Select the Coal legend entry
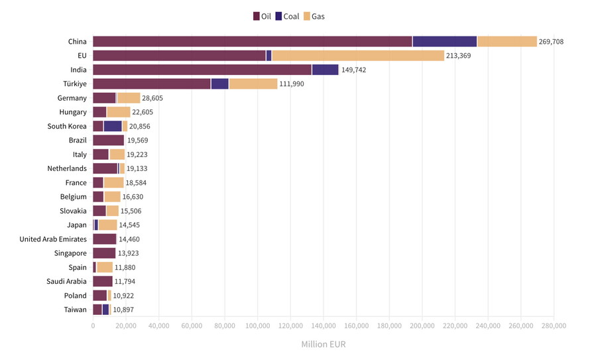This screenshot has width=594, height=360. (286, 16)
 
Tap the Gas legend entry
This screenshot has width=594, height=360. (314, 16)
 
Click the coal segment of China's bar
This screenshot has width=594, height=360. (444, 42)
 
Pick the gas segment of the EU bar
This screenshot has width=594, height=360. (358, 56)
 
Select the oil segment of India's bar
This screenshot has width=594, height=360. (202, 70)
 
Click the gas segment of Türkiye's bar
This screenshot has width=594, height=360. (253, 84)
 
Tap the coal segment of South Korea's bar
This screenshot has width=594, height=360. (113, 126)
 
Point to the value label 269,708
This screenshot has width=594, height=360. (551, 42)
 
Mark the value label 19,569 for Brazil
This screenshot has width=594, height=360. (139, 141)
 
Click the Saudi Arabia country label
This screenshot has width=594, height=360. (66, 282)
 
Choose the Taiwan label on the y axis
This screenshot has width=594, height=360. (75, 310)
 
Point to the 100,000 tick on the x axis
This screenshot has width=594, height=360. (257, 326)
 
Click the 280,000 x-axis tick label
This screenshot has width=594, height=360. (554, 326)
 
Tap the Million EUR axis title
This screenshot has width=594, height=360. (323, 345)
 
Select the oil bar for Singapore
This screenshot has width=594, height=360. (104, 253)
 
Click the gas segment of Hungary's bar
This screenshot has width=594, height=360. (119, 112)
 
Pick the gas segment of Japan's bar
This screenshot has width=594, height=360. (107, 225)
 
